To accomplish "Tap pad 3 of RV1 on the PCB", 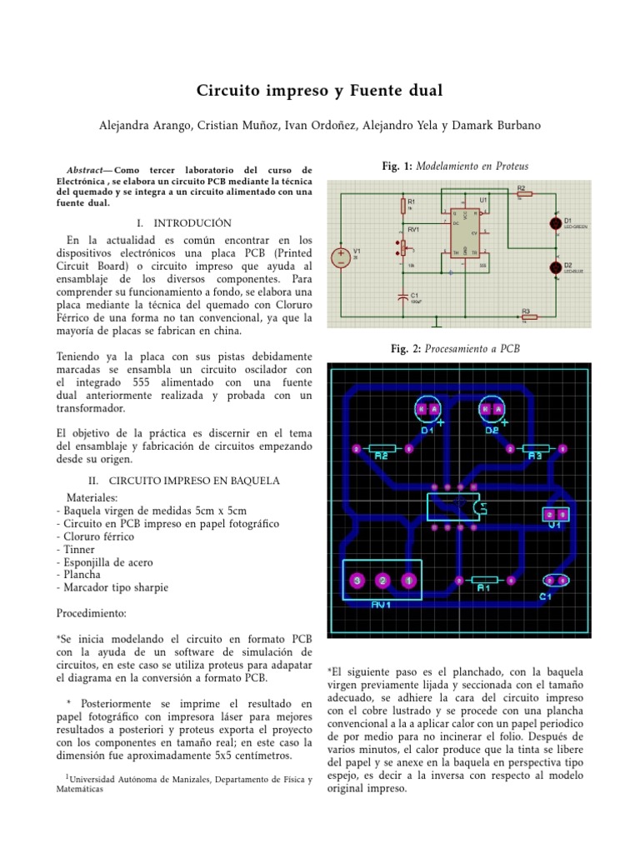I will (357, 580).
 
